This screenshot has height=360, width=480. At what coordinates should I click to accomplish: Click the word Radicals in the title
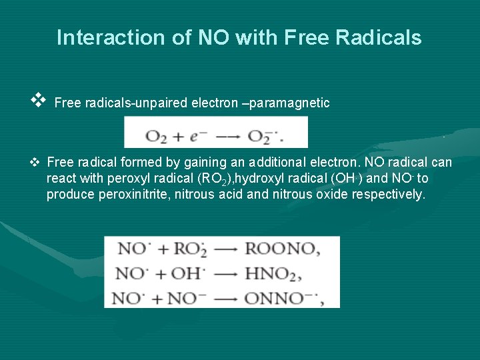[386, 37]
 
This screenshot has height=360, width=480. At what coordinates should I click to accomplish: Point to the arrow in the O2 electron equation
[230, 137]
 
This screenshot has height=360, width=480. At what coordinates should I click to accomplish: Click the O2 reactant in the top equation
[156, 137]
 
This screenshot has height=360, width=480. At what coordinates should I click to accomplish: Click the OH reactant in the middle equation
[188, 273]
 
